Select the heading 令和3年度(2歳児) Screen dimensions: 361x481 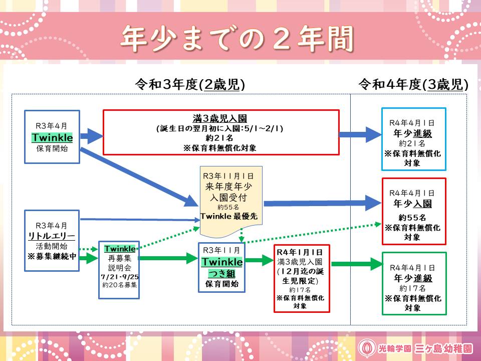pos(190,84)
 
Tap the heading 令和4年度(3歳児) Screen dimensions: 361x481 pos(413,84)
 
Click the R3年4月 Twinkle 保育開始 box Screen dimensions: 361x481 pos(52,137)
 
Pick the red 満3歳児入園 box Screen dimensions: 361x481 pos(220,132)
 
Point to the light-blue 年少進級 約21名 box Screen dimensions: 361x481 pos(413,139)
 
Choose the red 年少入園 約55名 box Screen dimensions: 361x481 pos(413,211)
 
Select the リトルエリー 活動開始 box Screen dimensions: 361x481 pos(52,241)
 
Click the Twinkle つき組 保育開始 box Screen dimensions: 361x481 pos(222,267)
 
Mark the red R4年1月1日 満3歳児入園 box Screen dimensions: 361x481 pos(302,279)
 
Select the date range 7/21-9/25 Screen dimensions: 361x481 pos(119,276)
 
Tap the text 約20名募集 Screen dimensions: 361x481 pos(119,285)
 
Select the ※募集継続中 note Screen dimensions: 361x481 pos(52,256)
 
